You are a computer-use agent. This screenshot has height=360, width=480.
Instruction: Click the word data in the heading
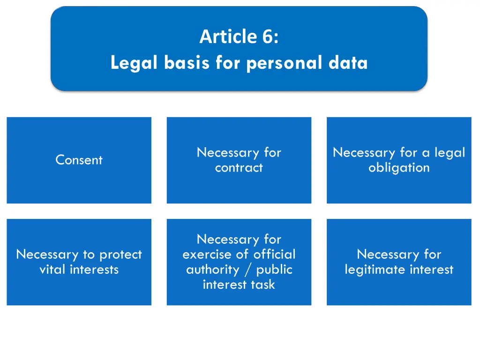[x=348, y=62]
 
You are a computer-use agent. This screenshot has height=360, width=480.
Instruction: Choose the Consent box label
[x=79, y=160]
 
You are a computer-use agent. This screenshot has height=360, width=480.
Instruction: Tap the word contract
[x=239, y=168]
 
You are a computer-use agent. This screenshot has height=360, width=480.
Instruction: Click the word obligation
[x=399, y=168]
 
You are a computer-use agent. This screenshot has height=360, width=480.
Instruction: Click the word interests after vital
[x=93, y=270]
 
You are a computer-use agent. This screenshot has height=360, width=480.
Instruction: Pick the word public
[x=274, y=270]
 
